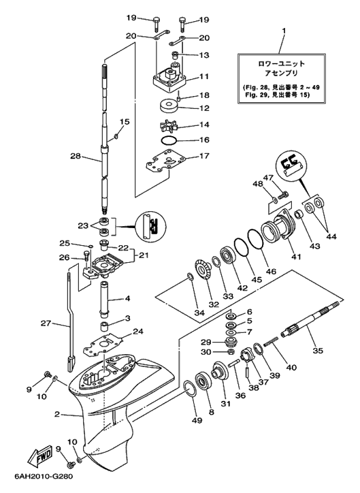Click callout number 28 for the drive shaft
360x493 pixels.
click(76, 155)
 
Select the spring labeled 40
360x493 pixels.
click(271, 341)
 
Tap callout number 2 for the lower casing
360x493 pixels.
click(57, 415)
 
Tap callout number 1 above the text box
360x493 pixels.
click(284, 31)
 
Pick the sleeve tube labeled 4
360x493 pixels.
click(104, 298)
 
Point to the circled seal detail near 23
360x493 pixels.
click(151, 227)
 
